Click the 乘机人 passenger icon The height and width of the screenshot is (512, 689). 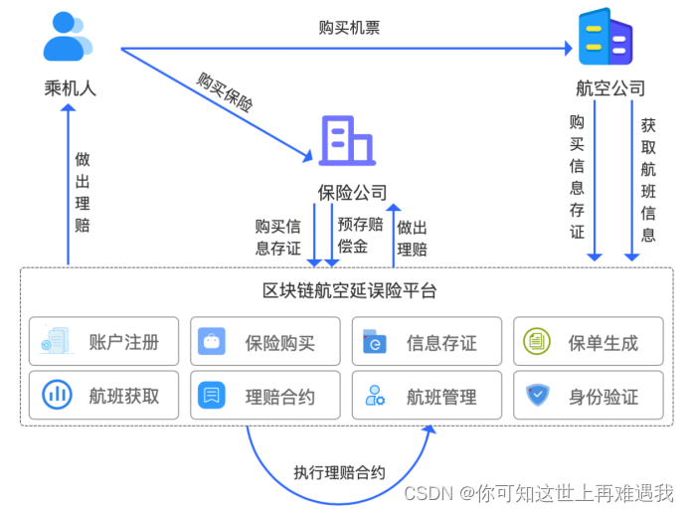point(68,38)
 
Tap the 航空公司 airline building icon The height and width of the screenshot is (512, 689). point(605,38)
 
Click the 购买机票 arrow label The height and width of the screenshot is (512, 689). point(348,28)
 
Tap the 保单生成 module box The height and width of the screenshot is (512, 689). point(588,343)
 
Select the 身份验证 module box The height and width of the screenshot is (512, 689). point(588,396)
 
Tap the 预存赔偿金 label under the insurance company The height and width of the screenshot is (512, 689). point(358,235)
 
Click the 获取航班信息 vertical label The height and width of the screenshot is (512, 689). point(648,180)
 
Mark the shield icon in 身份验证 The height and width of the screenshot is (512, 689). point(537,396)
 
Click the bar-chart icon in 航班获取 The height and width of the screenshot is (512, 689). point(56,396)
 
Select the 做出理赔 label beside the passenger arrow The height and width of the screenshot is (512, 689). point(83,191)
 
